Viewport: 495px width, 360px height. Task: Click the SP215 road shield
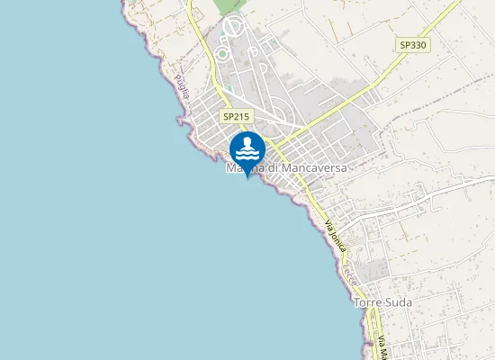(x=236, y=116)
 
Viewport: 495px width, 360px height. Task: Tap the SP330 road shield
(x=414, y=44)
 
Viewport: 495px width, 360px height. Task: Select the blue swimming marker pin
(x=247, y=148)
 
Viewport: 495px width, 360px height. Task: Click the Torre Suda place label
(x=382, y=302)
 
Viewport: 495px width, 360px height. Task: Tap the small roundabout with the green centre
(x=221, y=54)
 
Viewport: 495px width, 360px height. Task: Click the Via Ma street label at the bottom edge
(x=382, y=347)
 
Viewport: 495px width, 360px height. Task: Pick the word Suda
(x=398, y=302)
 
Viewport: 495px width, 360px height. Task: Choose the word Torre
(x=368, y=302)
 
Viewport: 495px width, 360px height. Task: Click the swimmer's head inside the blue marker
(x=247, y=139)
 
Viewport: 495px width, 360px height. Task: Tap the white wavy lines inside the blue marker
(x=247, y=151)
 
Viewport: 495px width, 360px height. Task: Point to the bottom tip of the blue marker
(x=247, y=166)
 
